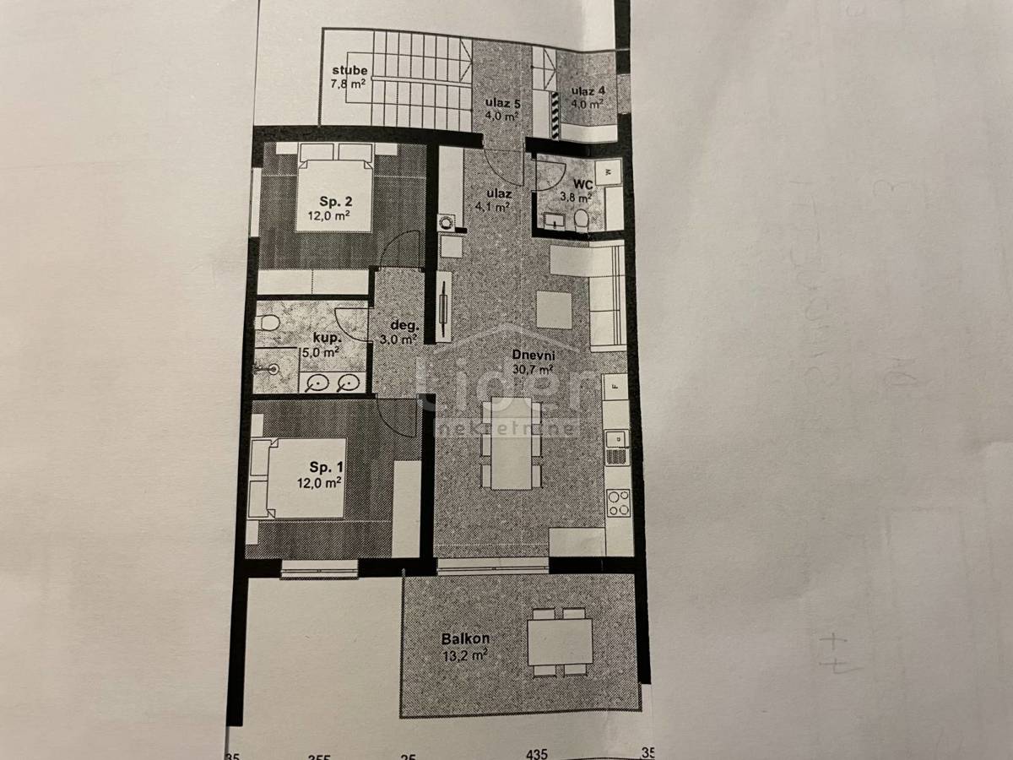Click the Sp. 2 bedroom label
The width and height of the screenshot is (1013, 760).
coord(329,208)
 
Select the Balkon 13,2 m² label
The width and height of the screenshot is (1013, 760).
coord(465,646)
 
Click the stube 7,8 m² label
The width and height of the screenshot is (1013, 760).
coord(348,77)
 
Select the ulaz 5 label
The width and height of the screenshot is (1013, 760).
coord(502,110)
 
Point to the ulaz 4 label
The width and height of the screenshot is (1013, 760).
coord(588,97)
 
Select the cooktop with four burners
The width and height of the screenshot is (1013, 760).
coord(618,503)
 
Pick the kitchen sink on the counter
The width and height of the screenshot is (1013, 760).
coord(617,439)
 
